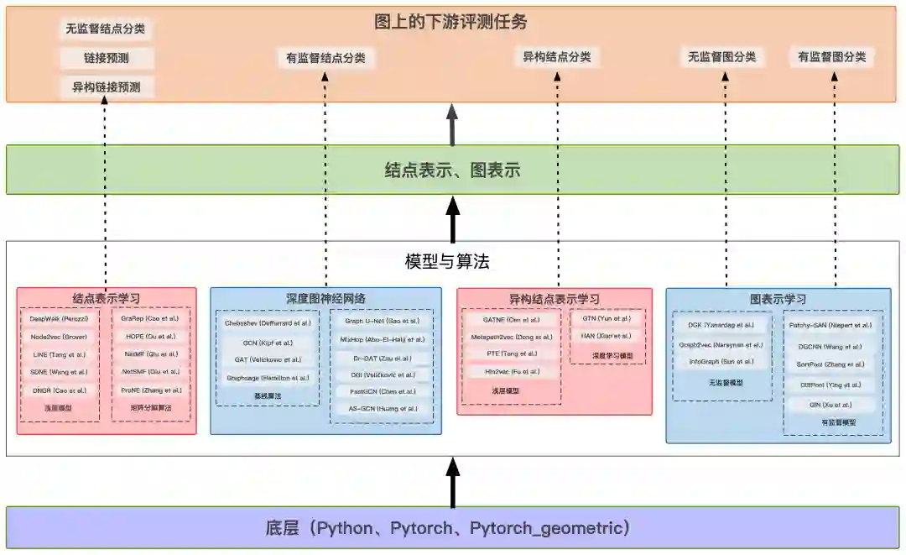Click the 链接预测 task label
(106, 58)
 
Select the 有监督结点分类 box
(326, 57)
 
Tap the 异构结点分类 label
(557, 57)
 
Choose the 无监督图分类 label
(721, 57)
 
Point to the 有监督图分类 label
(831, 57)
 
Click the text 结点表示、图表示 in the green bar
(452, 170)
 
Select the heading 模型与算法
(447, 262)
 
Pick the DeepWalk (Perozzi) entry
(60, 319)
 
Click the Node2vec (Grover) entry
(59, 337)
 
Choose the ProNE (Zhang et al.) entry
(151, 390)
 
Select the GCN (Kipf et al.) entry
(268, 342)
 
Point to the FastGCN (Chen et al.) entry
(382, 391)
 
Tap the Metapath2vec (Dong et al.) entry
(511, 337)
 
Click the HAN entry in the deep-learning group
(607, 336)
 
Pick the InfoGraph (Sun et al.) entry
(721, 362)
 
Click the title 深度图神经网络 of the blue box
(325, 298)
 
